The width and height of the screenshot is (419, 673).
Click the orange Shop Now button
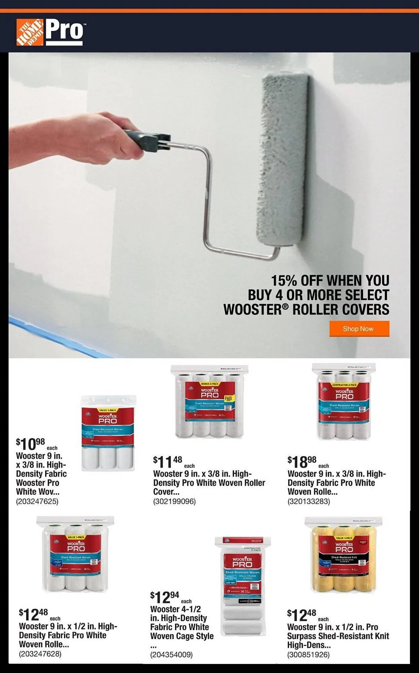click(359, 328)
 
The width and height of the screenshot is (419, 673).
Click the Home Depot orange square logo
click(30, 32)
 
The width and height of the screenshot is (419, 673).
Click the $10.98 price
click(31, 444)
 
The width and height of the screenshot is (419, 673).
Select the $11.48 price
click(168, 462)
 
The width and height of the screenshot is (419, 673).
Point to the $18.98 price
click(302, 462)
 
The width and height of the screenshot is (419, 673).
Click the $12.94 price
click(165, 597)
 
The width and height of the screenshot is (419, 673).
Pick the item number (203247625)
click(37, 501)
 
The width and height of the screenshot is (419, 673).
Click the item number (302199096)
click(174, 501)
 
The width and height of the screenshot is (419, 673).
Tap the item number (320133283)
click(309, 501)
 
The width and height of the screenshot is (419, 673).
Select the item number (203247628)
click(40, 653)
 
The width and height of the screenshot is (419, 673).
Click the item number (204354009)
click(171, 654)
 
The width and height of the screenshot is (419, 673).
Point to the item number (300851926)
click(308, 654)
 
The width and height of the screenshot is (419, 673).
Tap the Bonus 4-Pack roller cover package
click(210, 402)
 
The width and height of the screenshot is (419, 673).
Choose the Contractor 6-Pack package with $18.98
click(344, 402)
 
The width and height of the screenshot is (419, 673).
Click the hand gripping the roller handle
click(101, 138)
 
